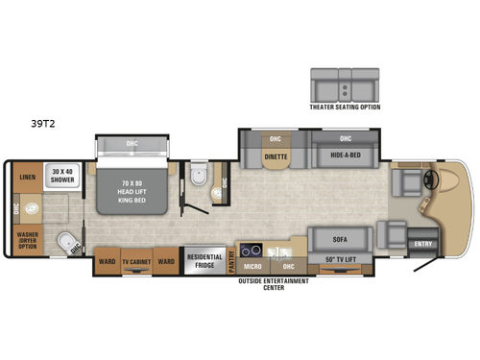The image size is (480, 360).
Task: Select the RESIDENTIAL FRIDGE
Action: click(x=204, y=261)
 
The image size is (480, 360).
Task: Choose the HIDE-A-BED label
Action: click(x=343, y=155)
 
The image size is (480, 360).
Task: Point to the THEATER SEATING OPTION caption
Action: click(x=344, y=107)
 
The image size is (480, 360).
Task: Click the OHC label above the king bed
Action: click(x=132, y=145)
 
